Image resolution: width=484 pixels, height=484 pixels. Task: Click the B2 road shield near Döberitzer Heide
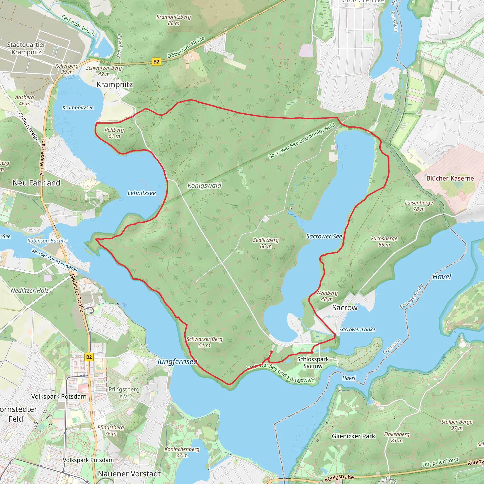(x=156, y=62)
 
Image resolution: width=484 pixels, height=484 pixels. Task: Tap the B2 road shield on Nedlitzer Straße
(x=89, y=357)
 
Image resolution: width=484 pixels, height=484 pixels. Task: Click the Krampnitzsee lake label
(x=78, y=108)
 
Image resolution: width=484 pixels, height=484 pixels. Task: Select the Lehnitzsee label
(x=142, y=193)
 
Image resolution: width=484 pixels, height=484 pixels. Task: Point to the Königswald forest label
(x=204, y=185)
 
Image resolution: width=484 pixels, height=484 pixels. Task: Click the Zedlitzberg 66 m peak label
(x=266, y=243)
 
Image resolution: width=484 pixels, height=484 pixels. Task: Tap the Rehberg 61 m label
(x=114, y=133)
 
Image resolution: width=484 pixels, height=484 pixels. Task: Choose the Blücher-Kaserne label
(x=450, y=178)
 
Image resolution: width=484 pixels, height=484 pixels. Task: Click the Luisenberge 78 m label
(x=419, y=206)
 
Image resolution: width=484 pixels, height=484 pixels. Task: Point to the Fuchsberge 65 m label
(x=384, y=241)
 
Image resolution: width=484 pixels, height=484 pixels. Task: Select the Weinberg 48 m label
(x=327, y=296)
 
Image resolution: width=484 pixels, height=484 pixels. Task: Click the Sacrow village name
(x=345, y=308)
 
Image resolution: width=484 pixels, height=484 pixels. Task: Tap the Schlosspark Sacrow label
(x=313, y=363)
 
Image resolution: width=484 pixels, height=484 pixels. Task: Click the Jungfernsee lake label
(x=177, y=362)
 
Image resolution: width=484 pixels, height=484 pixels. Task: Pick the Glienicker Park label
(x=354, y=436)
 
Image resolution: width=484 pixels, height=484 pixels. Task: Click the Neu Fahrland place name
(x=36, y=183)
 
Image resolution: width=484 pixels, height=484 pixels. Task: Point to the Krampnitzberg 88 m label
(x=174, y=20)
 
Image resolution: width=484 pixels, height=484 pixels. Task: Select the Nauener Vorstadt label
(x=129, y=474)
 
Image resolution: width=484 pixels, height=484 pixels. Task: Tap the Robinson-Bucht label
(x=45, y=241)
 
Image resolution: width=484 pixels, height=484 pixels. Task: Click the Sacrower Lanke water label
(x=357, y=329)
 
